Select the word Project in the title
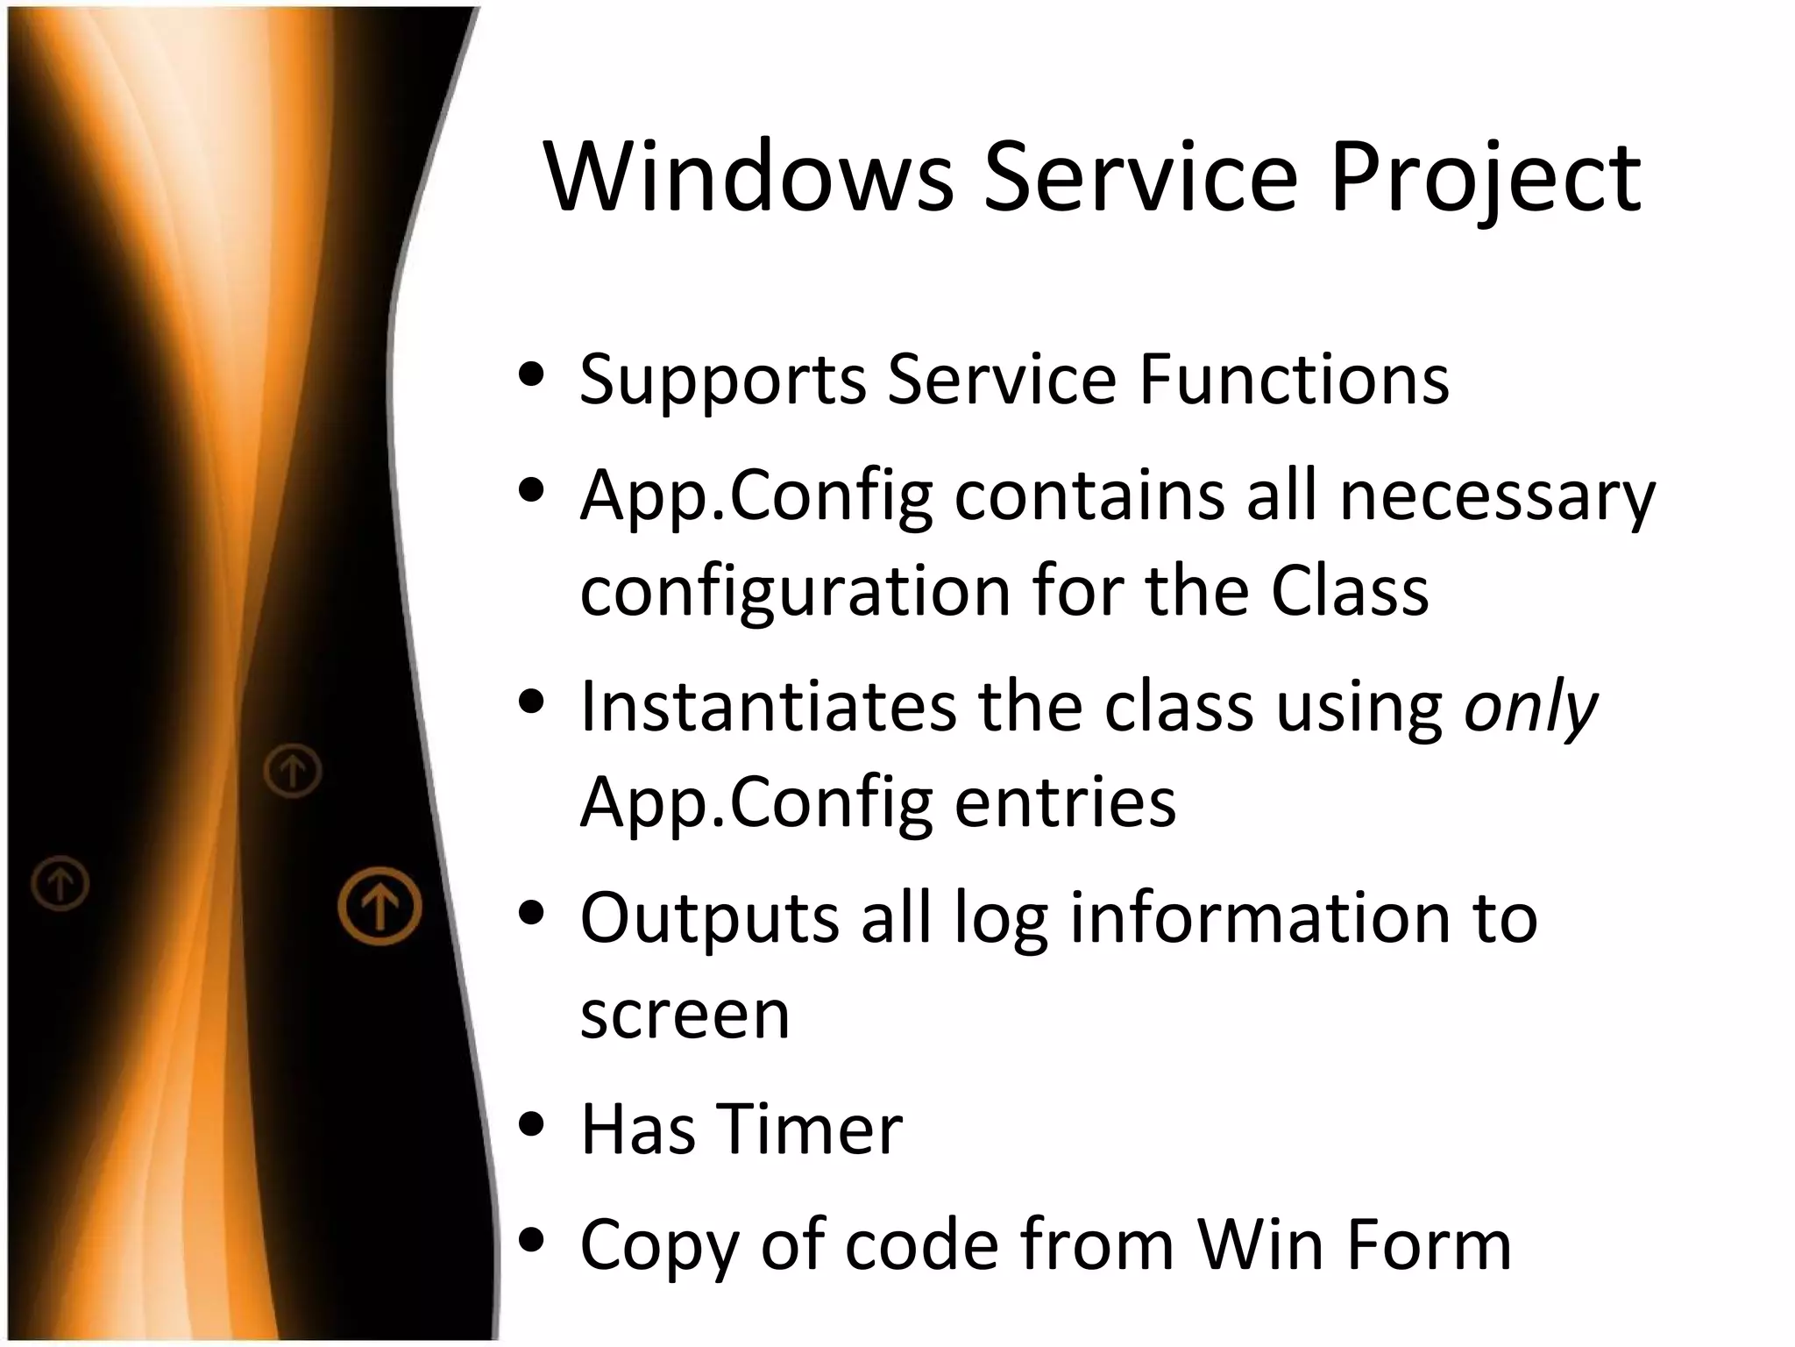point(1485,178)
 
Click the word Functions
point(1294,380)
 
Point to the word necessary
point(1497,496)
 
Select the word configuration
point(795,593)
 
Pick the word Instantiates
point(769,707)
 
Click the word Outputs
point(709,919)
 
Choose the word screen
point(685,1015)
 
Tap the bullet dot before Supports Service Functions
point(531,377)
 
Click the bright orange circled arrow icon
point(380,906)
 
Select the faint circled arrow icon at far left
point(60,882)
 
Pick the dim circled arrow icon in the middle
point(293,771)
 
